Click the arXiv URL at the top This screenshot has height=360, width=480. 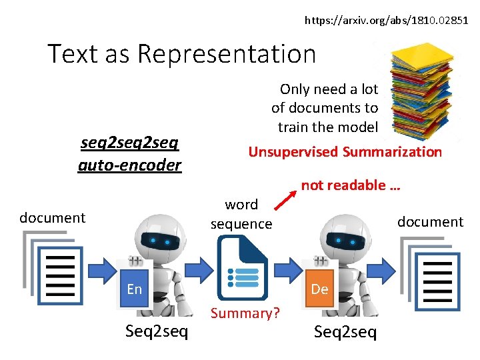coord(387,21)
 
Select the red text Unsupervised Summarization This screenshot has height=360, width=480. coord(345,152)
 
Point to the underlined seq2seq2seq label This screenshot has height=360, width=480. coord(129,143)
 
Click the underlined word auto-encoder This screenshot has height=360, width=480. coord(129,165)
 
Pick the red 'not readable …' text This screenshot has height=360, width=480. coord(350,185)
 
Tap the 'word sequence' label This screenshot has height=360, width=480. coord(241,214)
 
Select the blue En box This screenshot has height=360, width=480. coord(135,289)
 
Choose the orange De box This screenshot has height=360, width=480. coord(319,289)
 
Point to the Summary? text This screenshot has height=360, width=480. coord(245,313)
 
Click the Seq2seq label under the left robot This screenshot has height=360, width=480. coord(157,331)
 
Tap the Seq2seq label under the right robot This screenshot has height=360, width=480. coord(345,331)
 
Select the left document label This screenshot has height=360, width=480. coord(52,218)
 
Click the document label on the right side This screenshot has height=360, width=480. coord(430,222)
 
